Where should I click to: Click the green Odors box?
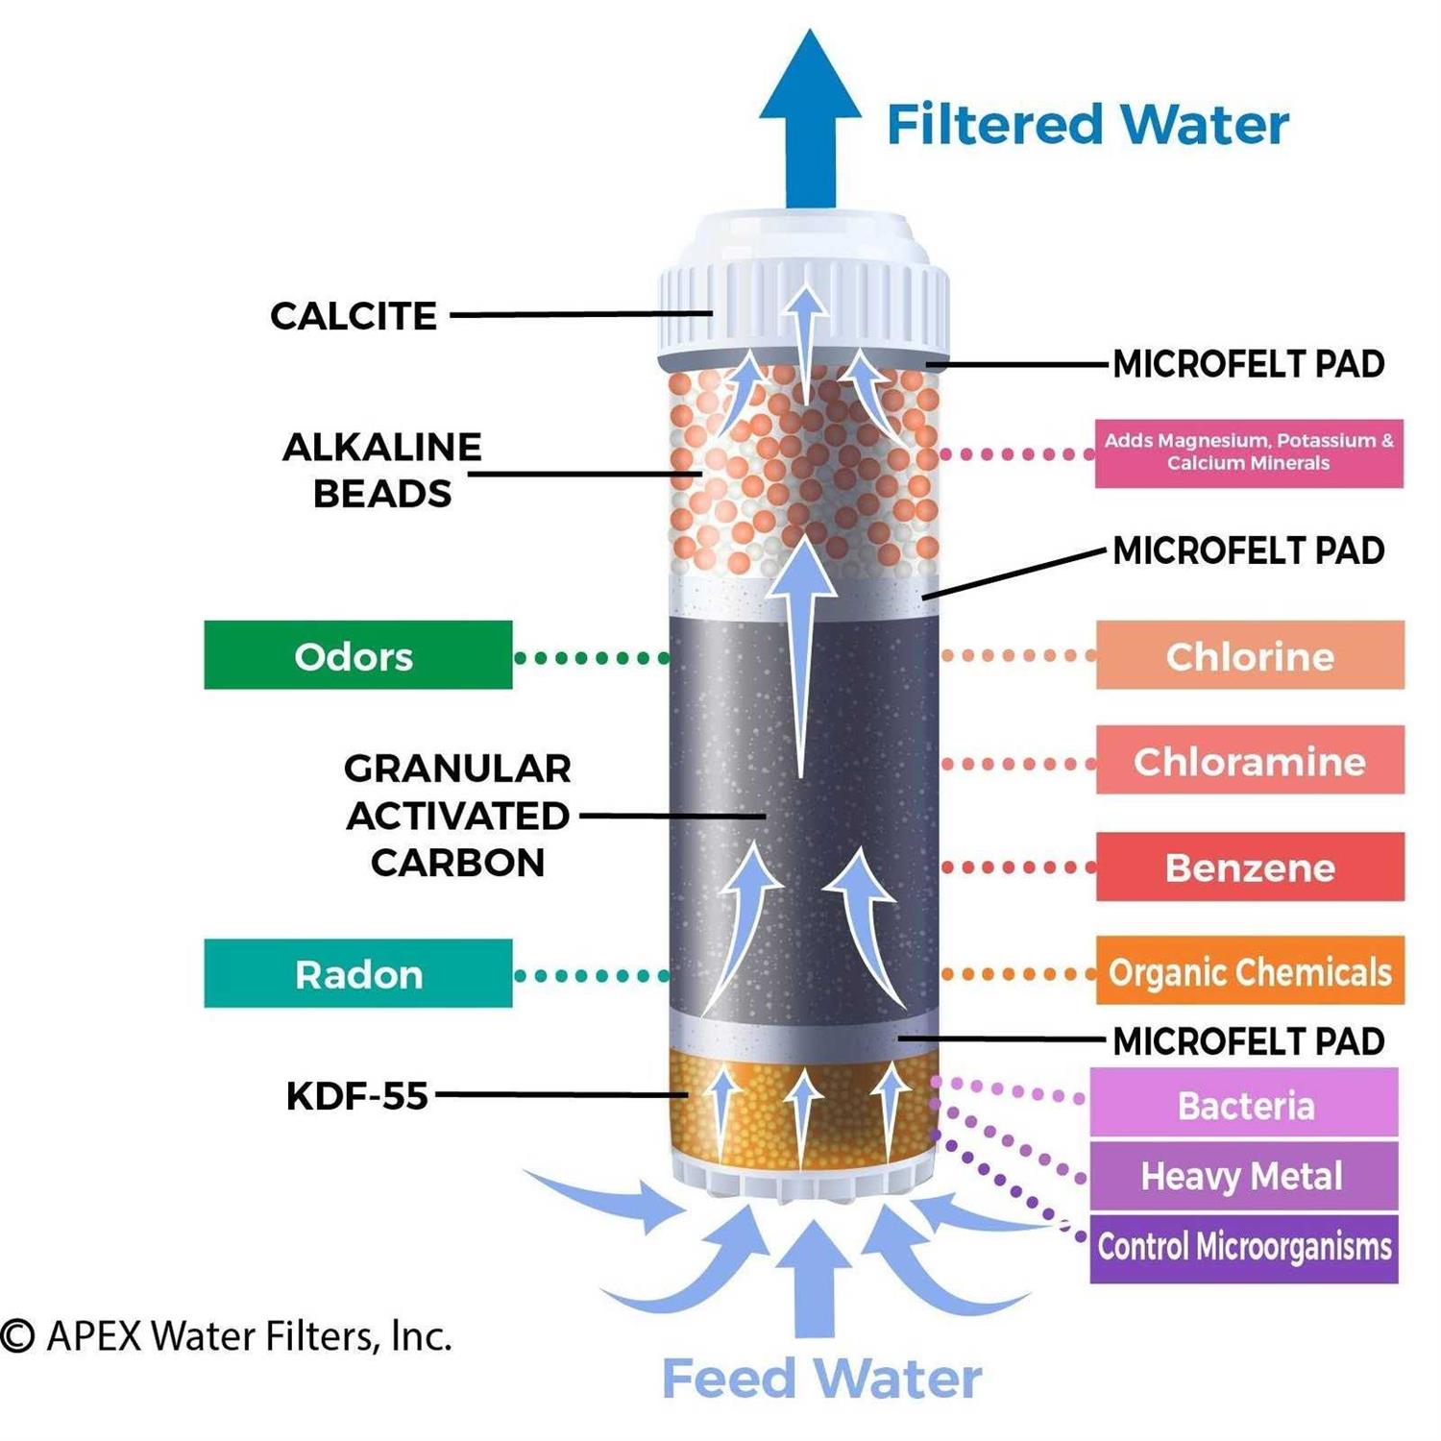coord(357,655)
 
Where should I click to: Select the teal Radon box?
coord(357,973)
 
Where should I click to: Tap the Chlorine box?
coord(1249,655)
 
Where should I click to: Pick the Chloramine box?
coord(1249,760)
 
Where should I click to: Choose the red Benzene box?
coord(1249,867)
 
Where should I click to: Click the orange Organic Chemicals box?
coord(1249,971)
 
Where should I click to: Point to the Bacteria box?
coord(1244,1105)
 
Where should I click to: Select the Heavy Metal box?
coord(1242,1175)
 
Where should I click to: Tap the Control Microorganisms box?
coord(1243,1247)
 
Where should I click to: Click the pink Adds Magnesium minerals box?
coord(1248,452)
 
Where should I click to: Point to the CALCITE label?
coord(353,316)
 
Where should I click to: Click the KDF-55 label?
coord(356,1095)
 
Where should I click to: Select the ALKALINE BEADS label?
coord(381,470)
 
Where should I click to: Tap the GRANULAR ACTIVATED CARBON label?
coord(457,815)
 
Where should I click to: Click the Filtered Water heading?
coord(1087,125)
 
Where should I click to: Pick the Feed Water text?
coord(821,1379)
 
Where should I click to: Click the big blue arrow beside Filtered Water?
coord(810,120)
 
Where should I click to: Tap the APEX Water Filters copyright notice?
coord(227,1335)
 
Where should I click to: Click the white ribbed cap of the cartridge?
coord(804,298)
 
